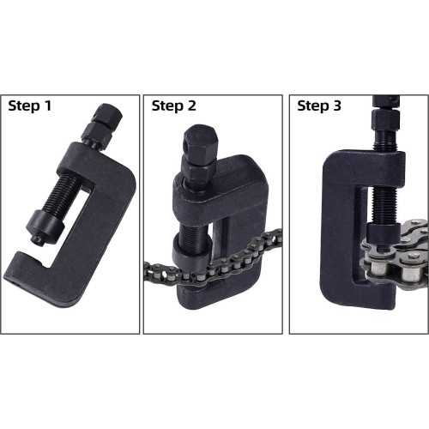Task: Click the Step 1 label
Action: click(x=31, y=107)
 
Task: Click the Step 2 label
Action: click(x=173, y=107)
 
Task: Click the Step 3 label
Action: click(x=319, y=107)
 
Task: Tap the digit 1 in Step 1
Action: click(x=49, y=107)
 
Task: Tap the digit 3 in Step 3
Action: click(x=338, y=107)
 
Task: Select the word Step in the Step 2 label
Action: click(x=166, y=107)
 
